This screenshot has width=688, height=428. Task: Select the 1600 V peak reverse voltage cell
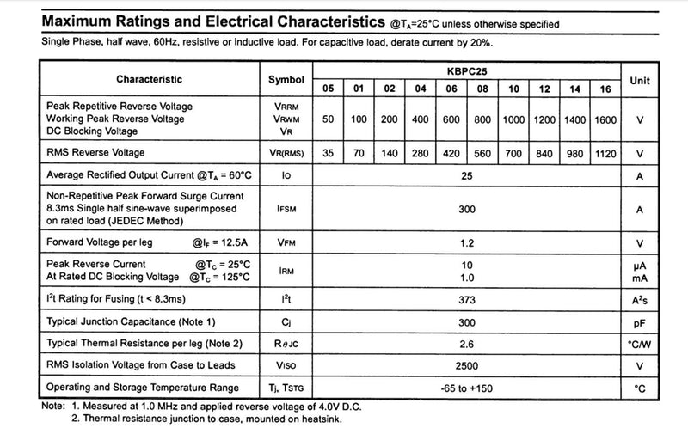(x=606, y=119)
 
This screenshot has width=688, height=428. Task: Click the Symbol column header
(x=286, y=79)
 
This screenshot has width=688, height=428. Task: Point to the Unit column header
(x=640, y=79)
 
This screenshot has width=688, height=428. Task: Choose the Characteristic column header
(x=150, y=79)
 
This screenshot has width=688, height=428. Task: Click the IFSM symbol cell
(x=286, y=209)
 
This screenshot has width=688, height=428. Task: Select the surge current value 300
(x=467, y=209)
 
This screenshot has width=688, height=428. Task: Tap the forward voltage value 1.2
(x=467, y=242)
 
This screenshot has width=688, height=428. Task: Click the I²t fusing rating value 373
(x=467, y=298)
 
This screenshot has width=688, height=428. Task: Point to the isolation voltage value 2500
(x=467, y=365)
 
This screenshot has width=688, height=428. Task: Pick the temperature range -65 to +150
(x=467, y=388)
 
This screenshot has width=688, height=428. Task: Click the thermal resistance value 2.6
(x=467, y=343)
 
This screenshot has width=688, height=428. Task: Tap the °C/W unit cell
(x=640, y=343)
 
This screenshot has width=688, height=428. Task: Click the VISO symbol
(x=286, y=365)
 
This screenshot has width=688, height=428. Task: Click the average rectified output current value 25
(x=467, y=175)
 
